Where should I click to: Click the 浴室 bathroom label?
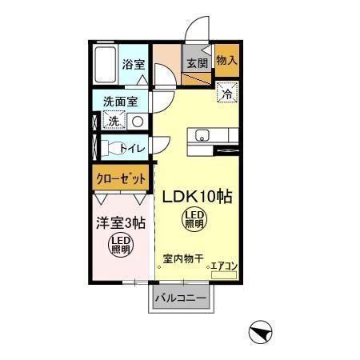click(x=133, y=65)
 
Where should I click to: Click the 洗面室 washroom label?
click(x=121, y=102)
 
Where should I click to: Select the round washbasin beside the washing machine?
click(x=137, y=122)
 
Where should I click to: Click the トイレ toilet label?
click(x=133, y=148)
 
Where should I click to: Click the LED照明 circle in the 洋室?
click(x=120, y=245)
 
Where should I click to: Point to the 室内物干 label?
click(x=183, y=258)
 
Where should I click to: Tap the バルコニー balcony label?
click(x=182, y=298)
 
